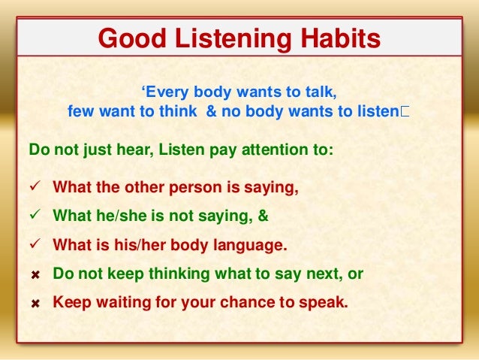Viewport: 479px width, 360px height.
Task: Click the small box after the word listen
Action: coord(405,113)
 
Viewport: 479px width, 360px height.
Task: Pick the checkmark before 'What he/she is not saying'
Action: coord(35,216)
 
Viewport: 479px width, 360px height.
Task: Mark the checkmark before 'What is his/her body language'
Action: coord(35,246)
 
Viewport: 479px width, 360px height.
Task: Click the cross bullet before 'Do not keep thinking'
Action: coord(35,275)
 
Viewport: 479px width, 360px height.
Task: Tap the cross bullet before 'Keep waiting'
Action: coord(35,304)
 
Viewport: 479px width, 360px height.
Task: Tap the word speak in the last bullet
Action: coord(327,304)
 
